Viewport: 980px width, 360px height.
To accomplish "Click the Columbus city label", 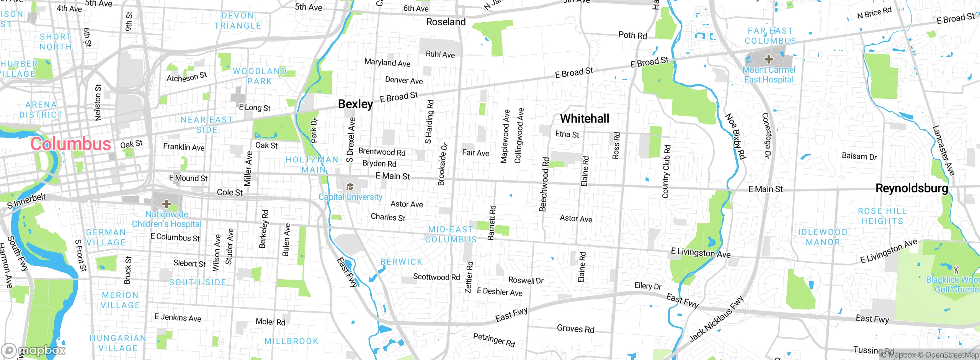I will coord(71,144).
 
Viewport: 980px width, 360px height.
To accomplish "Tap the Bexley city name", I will coord(355,104).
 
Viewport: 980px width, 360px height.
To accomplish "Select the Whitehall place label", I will coord(585,119).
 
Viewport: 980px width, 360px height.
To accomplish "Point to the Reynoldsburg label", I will coord(912,188).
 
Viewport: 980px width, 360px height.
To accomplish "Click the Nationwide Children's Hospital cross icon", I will coord(167,203).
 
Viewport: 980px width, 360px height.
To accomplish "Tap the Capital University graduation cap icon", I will coord(350,187).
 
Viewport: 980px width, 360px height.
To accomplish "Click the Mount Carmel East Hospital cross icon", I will coord(768,59).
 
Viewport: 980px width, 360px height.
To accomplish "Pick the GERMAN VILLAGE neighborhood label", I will coord(106,237).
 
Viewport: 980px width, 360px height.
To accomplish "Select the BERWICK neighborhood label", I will coord(401,262).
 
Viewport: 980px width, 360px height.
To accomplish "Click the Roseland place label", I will coord(446,22).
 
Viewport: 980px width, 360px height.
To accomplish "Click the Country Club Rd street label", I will coord(666,171).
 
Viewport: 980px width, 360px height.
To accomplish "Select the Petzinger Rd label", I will coord(494,340).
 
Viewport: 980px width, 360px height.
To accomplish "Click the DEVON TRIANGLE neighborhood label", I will coord(238,21).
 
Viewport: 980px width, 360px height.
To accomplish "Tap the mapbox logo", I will coord(34,350).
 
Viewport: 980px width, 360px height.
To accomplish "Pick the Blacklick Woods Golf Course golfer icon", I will coord(956,269).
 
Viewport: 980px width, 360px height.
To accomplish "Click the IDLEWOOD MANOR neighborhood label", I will coord(823,237).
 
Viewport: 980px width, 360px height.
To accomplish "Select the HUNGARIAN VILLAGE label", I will coord(118,343).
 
